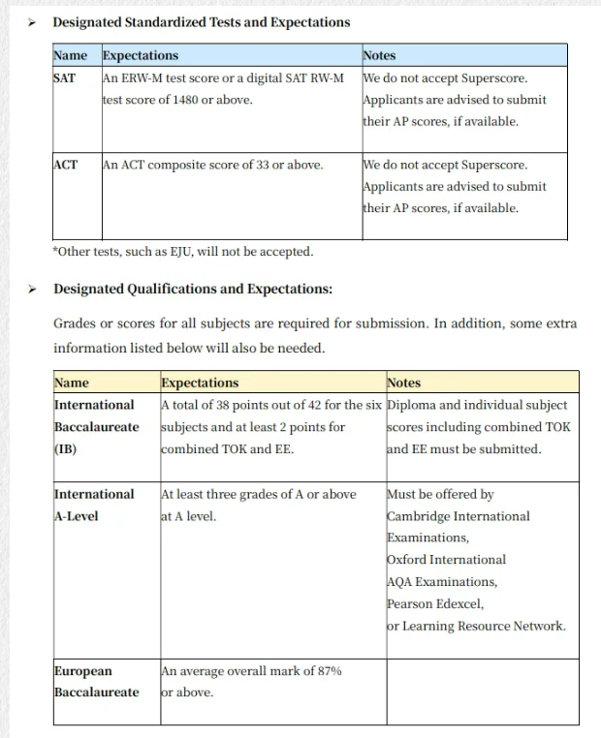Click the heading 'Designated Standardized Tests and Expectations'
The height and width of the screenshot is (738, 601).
point(202,21)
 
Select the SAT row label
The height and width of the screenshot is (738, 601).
point(64,77)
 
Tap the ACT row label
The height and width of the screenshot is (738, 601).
point(65,165)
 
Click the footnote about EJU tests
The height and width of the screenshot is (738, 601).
point(183,252)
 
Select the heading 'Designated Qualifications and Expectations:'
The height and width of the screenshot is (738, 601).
point(193,289)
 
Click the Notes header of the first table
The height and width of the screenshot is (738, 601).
point(379,55)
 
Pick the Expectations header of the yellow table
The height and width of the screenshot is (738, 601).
point(200,383)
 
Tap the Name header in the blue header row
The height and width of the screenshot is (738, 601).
point(70,55)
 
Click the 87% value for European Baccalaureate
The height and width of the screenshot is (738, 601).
point(328,671)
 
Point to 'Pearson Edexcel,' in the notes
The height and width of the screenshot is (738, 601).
point(434,603)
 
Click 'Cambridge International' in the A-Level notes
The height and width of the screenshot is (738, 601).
point(459,516)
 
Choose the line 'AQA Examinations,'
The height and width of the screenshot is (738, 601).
point(442,581)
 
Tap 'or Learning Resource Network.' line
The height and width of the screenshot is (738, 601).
point(476,626)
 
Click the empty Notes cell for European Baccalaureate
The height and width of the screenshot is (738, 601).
point(482,692)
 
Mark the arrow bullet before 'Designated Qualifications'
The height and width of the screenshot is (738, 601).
point(31,290)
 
